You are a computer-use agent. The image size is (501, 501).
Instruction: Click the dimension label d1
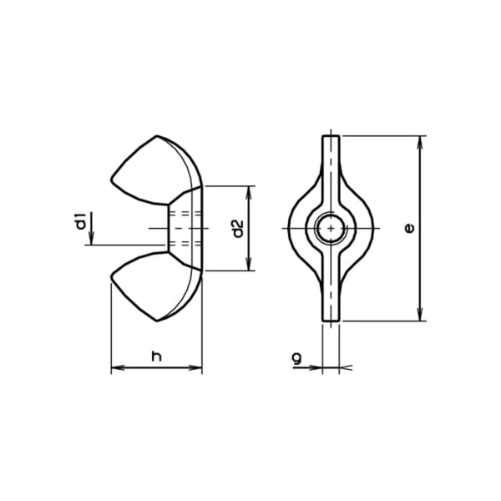point(82,220)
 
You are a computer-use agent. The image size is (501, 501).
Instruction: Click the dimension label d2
point(238,229)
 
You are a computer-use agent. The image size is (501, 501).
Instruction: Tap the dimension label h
point(157,357)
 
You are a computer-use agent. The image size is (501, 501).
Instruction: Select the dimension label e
point(409,228)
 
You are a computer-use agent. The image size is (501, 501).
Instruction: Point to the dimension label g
point(296,358)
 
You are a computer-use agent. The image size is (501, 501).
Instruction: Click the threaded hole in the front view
point(331,228)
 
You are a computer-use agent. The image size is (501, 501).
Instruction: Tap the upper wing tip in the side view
point(157,136)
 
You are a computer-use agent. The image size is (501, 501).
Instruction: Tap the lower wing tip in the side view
point(157,320)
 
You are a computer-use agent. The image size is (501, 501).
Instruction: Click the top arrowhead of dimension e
point(421,142)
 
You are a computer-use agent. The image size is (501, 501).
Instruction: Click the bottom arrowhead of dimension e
point(421,315)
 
